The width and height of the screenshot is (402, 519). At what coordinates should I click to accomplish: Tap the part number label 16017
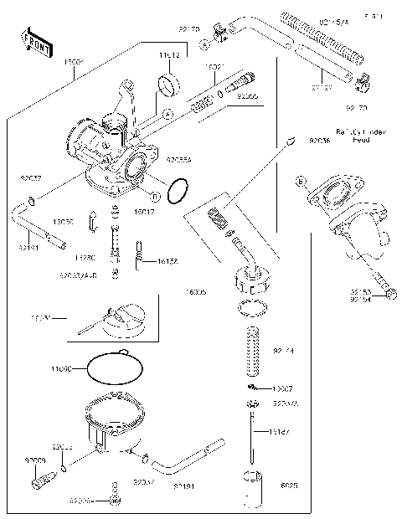pyautogui.click(x=144, y=213)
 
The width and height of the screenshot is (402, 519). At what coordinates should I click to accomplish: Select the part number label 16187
pyautogui.click(x=282, y=433)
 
